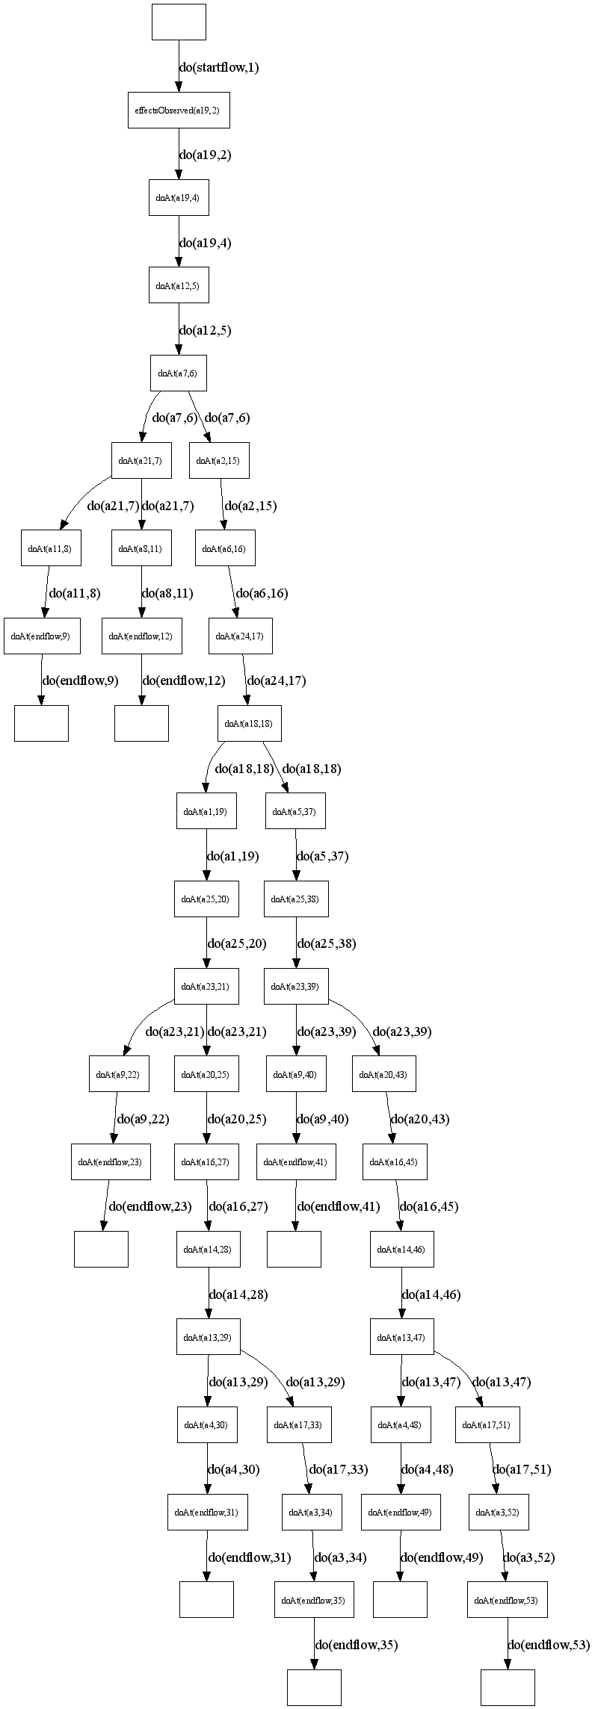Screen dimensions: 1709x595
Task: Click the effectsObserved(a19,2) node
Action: pyautogui.click(x=178, y=111)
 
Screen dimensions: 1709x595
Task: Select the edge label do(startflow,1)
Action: pyautogui.click(x=219, y=67)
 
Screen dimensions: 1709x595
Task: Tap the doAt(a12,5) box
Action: pyautogui.click(x=178, y=285)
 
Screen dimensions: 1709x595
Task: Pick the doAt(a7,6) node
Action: pyautogui.click(x=178, y=373)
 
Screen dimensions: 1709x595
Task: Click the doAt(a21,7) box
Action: pyautogui.click(x=141, y=460)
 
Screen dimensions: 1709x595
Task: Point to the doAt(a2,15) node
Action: pyautogui.click(x=218, y=460)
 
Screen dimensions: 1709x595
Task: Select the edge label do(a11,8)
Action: pyautogui.click(x=74, y=594)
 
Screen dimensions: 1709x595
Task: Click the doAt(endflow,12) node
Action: pyautogui.click(x=141, y=636)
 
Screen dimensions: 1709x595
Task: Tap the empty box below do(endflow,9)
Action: pyautogui.click(x=41, y=723)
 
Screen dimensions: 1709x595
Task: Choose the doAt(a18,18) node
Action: pyautogui.click(x=250, y=723)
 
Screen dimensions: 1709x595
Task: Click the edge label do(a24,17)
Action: pyautogui.click(x=276, y=680)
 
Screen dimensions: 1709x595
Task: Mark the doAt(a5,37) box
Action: pyautogui.click(x=295, y=811)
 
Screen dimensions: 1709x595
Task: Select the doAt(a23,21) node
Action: pyautogui.click(x=206, y=986)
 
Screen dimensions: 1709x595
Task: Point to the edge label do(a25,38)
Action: pyautogui.click(x=326, y=943)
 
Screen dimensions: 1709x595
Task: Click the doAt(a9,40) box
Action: pyautogui.click(x=295, y=1074)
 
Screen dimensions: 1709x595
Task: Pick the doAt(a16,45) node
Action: pyautogui.click(x=395, y=1161)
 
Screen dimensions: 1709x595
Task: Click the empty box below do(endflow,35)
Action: pyautogui.click(x=314, y=1687)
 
